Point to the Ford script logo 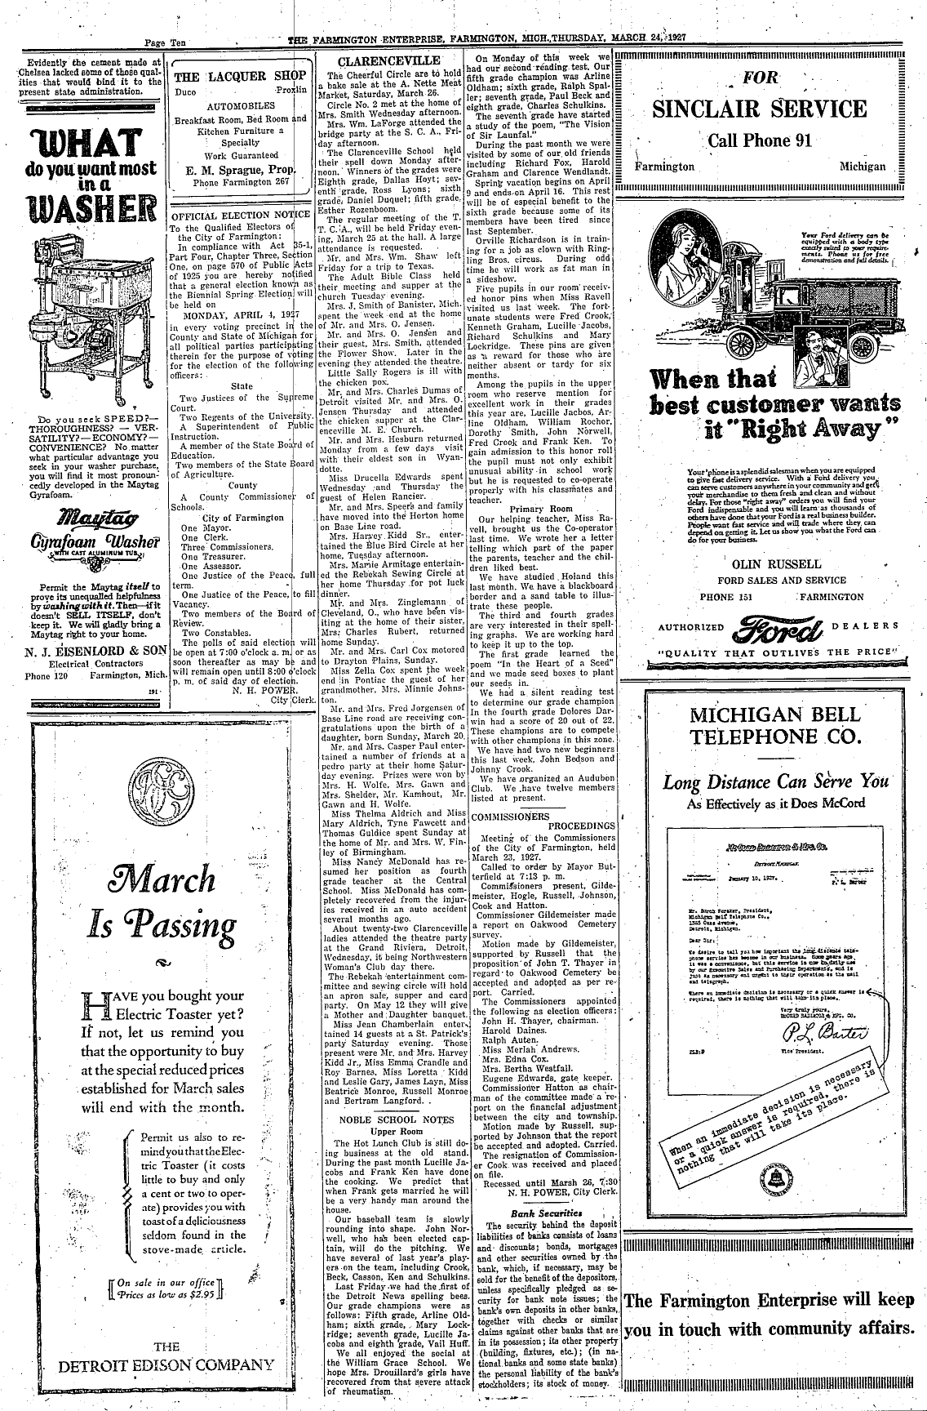click(766, 626)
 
